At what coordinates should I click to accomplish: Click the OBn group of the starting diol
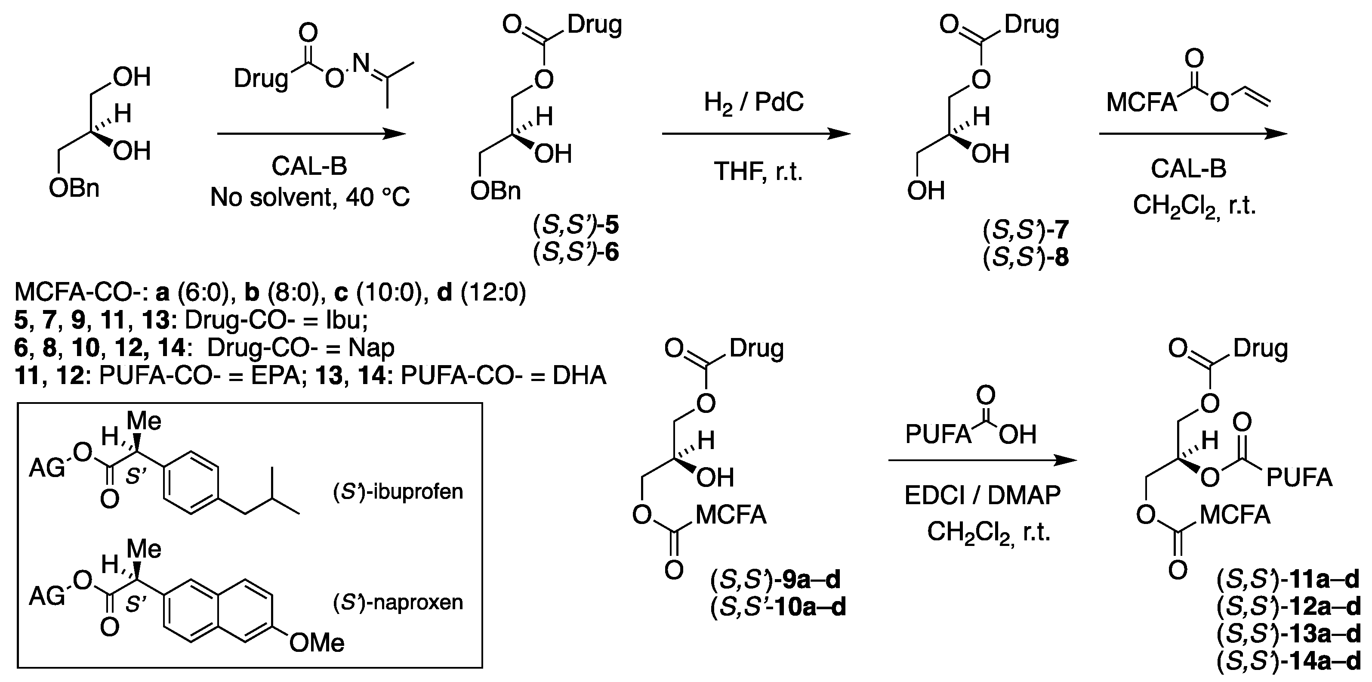pyautogui.click(x=74, y=189)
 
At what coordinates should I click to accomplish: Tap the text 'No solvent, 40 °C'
pyautogui.click(x=310, y=198)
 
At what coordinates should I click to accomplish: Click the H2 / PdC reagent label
pyautogui.click(x=754, y=102)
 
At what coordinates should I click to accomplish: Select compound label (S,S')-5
pyautogui.click(x=576, y=225)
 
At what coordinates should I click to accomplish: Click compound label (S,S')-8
pyautogui.click(x=1026, y=258)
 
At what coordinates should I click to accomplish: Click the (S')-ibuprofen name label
pyautogui.click(x=398, y=491)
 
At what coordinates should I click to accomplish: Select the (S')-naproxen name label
pyautogui.click(x=398, y=602)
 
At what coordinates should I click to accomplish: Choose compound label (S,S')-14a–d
pyautogui.click(x=1289, y=662)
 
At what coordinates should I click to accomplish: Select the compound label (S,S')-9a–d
pyautogui.click(x=775, y=580)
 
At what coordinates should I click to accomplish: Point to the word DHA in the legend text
pyautogui.click(x=580, y=375)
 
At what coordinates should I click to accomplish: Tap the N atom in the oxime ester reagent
pyautogui.click(x=362, y=63)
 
